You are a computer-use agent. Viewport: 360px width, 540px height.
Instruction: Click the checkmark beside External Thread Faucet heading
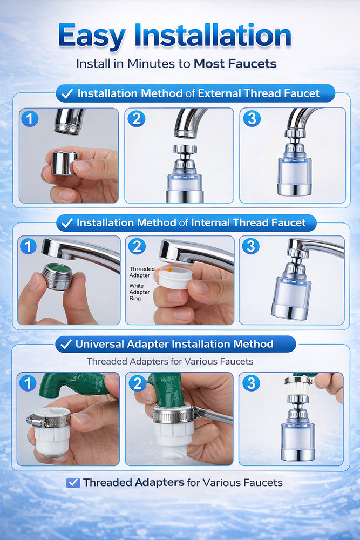67,93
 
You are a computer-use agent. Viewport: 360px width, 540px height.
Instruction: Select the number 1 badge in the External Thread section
30,118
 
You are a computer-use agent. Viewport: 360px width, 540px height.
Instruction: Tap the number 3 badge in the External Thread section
251,118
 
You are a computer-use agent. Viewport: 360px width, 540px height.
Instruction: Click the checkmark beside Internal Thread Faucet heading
67,222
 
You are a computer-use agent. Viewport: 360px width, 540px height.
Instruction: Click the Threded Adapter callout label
142,272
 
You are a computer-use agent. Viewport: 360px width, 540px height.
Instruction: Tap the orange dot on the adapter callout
169,268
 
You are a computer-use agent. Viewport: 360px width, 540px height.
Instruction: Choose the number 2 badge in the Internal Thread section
137,246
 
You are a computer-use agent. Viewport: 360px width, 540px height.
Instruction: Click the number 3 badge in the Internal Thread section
250,246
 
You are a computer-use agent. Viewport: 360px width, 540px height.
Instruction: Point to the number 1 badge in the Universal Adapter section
28,383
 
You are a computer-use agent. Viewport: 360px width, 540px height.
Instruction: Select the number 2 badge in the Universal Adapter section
137,383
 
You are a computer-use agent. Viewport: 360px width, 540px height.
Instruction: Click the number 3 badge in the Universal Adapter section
250,383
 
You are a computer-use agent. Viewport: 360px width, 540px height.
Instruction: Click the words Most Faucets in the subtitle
235,64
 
